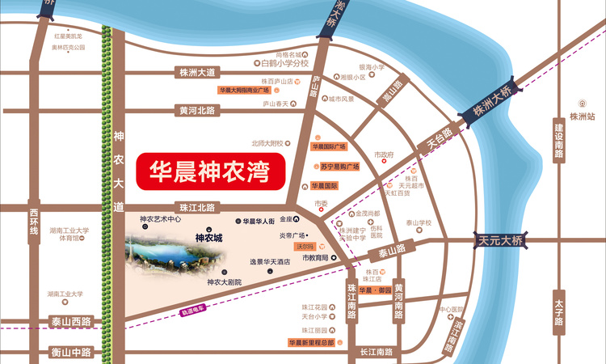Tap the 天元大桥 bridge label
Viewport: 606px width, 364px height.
pyautogui.click(x=501, y=240)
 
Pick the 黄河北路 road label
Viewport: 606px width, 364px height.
pyautogui.click(x=198, y=111)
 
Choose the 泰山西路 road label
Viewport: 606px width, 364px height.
pyautogui.click(x=71, y=321)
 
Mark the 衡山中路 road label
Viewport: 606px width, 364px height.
pyautogui.click(x=71, y=352)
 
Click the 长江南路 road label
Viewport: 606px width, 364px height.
pyautogui.click(x=375, y=352)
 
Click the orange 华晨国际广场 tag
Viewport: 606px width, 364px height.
pyautogui.click(x=329, y=146)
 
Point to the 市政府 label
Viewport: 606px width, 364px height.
pyautogui.click(x=383, y=154)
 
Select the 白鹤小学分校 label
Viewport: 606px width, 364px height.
pyautogui.click(x=280, y=61)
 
